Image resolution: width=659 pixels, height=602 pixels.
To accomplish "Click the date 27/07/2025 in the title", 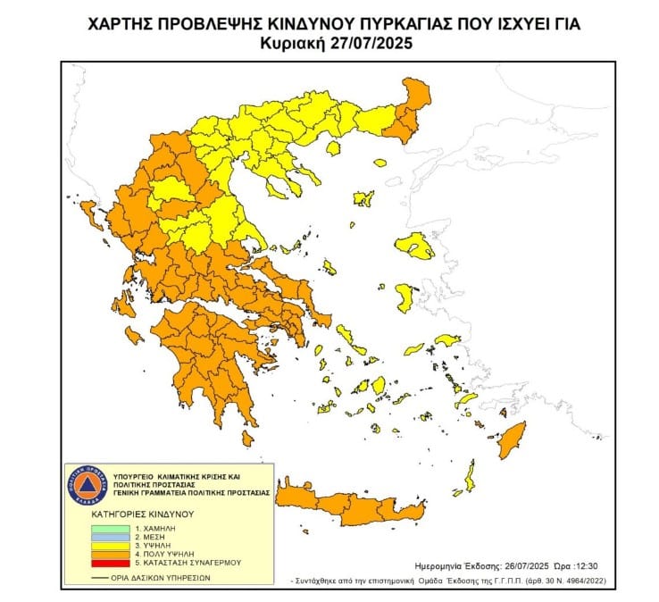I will [x=370, y=42].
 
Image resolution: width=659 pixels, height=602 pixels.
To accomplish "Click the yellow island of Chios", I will [x=405, y=298].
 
